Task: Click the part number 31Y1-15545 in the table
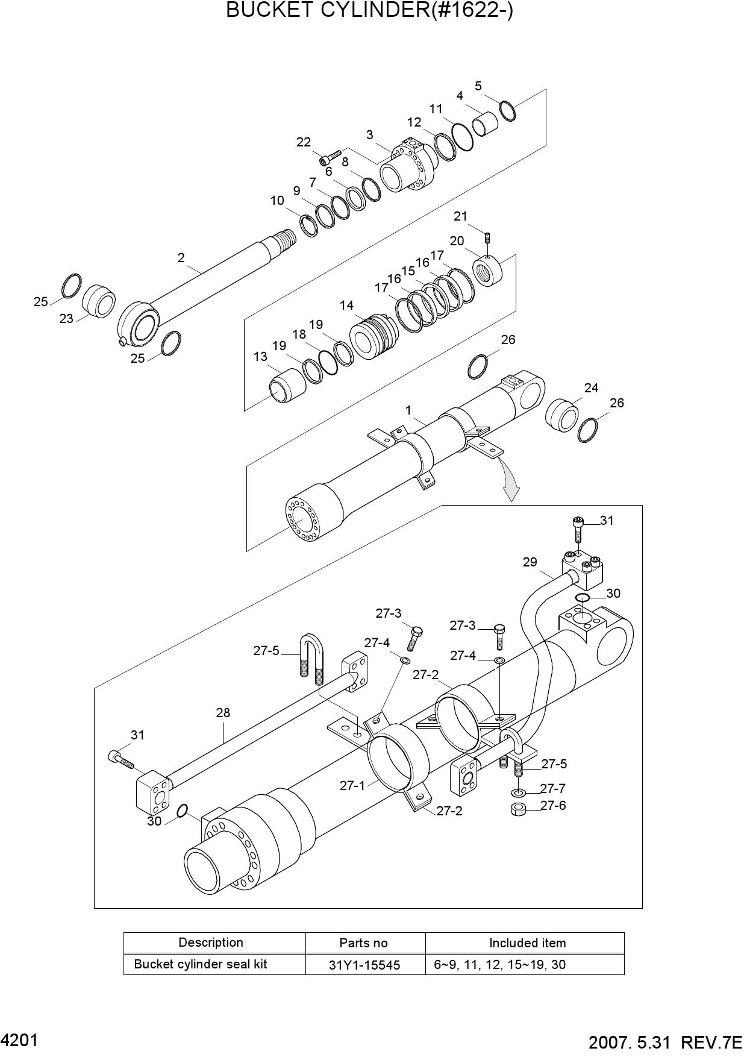coord(364,965)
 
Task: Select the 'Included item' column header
coord(527,943)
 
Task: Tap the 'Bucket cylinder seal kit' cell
coord(201,964)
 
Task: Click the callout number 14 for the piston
coord(346,306)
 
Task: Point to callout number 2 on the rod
coord(181,258)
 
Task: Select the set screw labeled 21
coord(488,236)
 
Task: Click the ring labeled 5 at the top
coord(507,110)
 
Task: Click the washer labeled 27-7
coord(517,791)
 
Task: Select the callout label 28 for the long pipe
coord(223,713)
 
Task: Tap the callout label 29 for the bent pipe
coord(530,562)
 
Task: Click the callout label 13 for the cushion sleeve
coord(260,357)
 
